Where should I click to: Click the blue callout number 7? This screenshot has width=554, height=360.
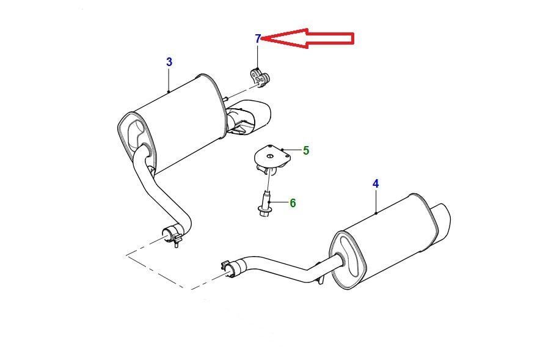click(258, 39)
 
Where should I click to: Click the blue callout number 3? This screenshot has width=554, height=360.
click(169, 62)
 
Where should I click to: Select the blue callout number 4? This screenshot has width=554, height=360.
click(376, 184)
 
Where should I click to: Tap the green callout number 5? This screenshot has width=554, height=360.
click(306, 150)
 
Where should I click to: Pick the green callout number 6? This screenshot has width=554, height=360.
click(293, 203)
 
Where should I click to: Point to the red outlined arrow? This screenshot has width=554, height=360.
click(307, 38)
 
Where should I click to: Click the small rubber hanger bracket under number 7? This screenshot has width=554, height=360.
click(260, 78)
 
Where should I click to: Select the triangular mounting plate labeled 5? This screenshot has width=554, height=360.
click(272, 157)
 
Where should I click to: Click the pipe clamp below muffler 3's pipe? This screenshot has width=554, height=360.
click(173, 235)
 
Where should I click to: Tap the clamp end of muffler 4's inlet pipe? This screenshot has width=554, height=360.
click(230, 269)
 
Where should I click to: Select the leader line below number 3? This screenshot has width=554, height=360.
click(169, 80)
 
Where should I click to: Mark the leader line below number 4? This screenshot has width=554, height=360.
click(376, 202)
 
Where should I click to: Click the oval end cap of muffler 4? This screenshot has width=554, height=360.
click(348, 260)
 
